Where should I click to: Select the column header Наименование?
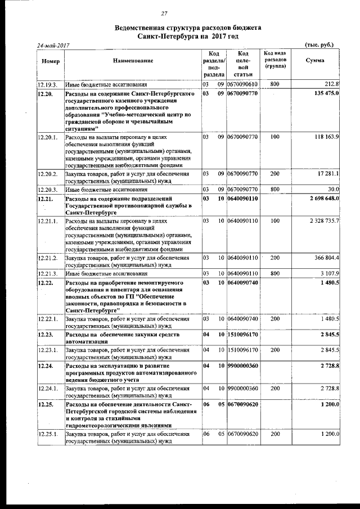[x=132, y=60]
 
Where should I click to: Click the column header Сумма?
[x=314, y=60]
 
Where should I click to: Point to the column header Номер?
[x=50, y=60]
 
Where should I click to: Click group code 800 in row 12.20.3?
[x=275, y=190]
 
